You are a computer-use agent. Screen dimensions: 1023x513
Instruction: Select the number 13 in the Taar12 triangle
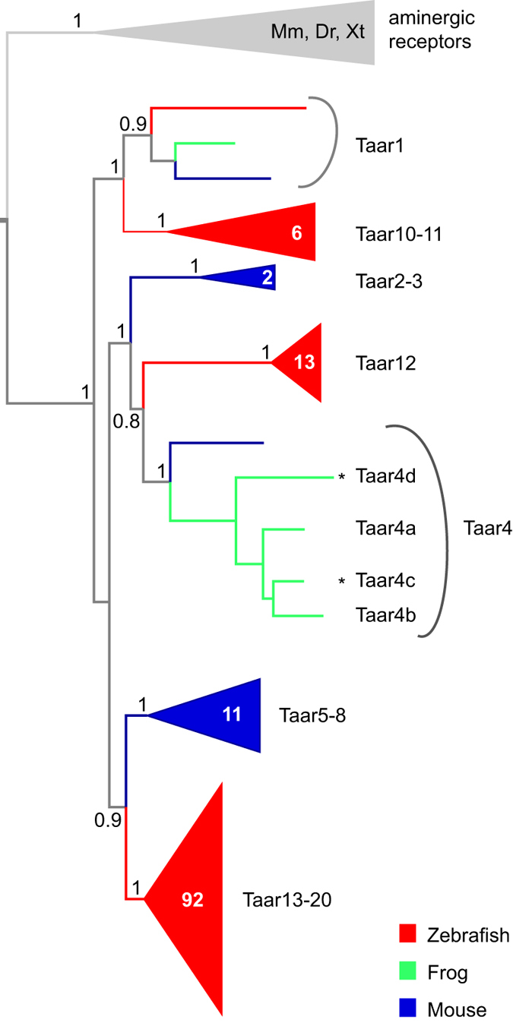pyautogui.click(x=304, y=362)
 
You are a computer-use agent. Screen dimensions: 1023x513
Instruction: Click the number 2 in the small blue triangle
pyautogui.click(x=266, y=278)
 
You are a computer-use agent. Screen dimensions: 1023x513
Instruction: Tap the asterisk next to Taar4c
pyautogui.click(x=342, y=582)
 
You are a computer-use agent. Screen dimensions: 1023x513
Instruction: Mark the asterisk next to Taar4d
pyautogui.click(x=342, y=477)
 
